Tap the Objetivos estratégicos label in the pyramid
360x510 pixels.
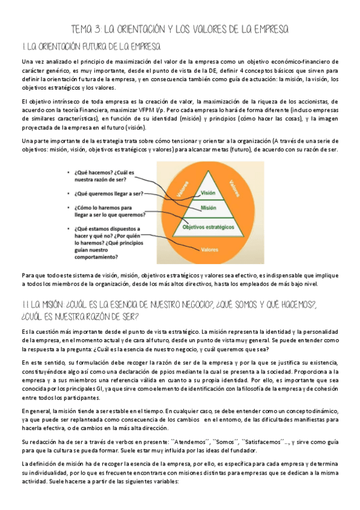[209, 227]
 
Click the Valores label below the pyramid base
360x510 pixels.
[210, 248]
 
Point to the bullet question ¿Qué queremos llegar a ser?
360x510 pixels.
[109, 193]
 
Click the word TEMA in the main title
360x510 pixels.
[82, 29]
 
